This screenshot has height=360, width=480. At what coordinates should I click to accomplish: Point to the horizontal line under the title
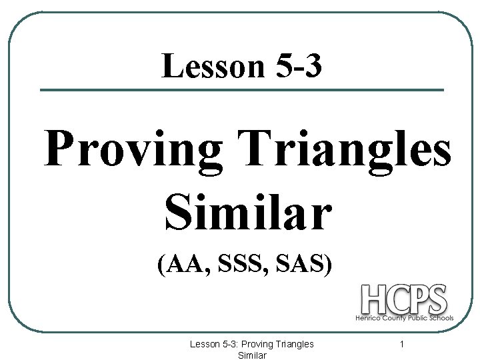pyautogui.click(x=242, y=90)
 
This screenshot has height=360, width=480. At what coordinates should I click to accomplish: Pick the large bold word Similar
pyautogui.click(x=246, y=211)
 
